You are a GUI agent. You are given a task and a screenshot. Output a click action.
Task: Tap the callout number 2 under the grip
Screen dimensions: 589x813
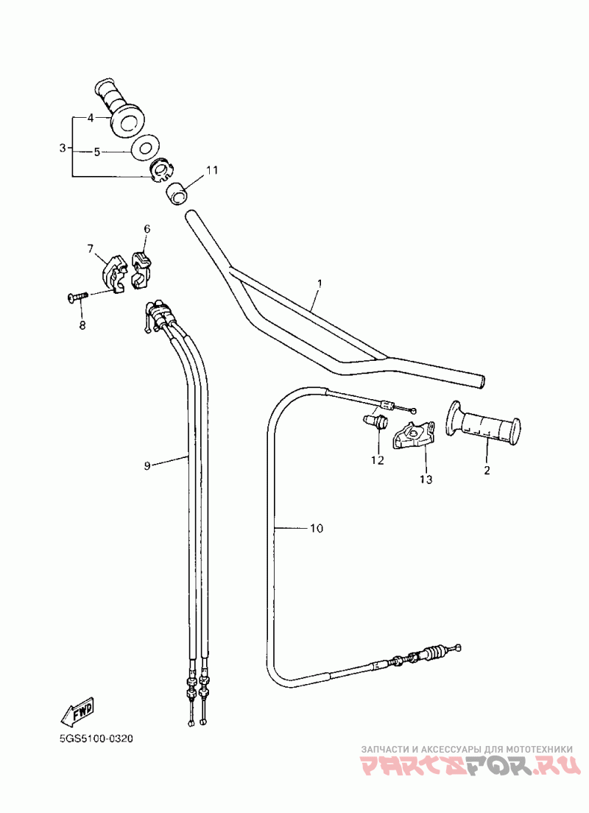coord(487,471)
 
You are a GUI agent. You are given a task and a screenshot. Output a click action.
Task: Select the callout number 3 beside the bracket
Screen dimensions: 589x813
coord(63,148)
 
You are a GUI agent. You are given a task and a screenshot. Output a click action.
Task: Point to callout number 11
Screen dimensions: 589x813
coord(212,170)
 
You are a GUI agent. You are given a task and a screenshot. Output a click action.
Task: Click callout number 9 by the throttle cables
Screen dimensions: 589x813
coord(147,466)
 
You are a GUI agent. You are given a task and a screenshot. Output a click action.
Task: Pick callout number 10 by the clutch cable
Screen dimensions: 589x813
coord(317,528)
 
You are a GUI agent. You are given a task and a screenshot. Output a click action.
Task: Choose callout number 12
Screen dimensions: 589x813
coord(378,460)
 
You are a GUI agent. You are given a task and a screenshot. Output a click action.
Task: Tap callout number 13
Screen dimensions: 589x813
coord(426,479)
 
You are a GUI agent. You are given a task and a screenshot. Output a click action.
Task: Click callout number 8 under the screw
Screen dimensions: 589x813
coord(82,325)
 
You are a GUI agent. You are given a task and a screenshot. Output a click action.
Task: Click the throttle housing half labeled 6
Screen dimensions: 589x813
coord(141,269)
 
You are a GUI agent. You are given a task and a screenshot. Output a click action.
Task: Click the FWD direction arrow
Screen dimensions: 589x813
coord(78,711)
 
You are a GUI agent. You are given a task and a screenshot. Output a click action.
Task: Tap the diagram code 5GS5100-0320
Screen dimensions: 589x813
coord(96,738)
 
